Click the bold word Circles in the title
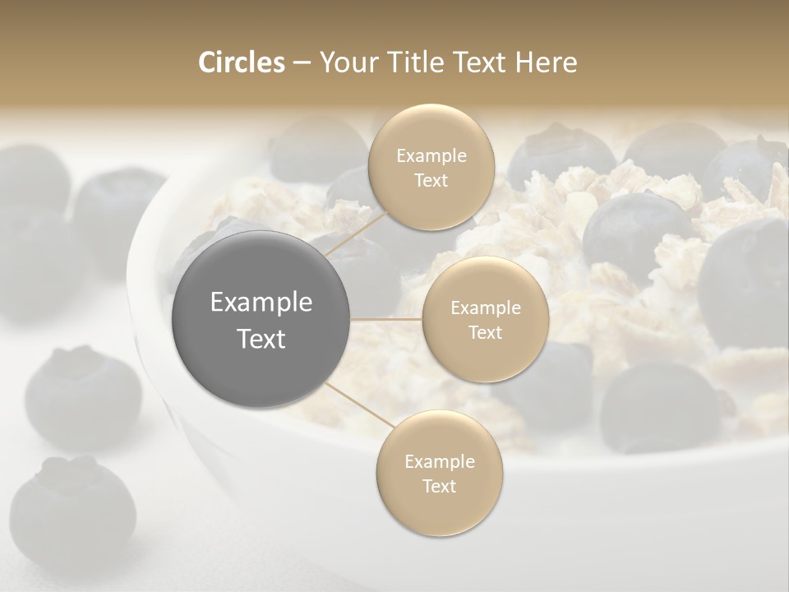(241, 62)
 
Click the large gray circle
(261, 320)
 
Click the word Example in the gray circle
(261, 303)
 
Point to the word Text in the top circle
(431, 180)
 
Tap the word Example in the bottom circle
(439, 461)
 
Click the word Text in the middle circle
(485, 332)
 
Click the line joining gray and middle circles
(386, 319)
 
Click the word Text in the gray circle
(261, 339)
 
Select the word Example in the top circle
(431, 155)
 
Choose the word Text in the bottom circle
(439, 486)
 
